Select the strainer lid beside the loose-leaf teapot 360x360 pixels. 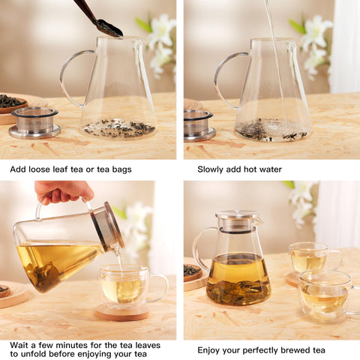pyautogui.click(x=34, y=121)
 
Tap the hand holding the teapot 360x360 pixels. pyautogui.click(x=63, y=191)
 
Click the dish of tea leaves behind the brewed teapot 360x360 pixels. pyautogui.click(x=193, y=271)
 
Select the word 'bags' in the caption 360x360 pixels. pyautogui.click(x=120, y=169)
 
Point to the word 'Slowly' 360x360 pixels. pyautogui.click(x=212, y=169)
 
